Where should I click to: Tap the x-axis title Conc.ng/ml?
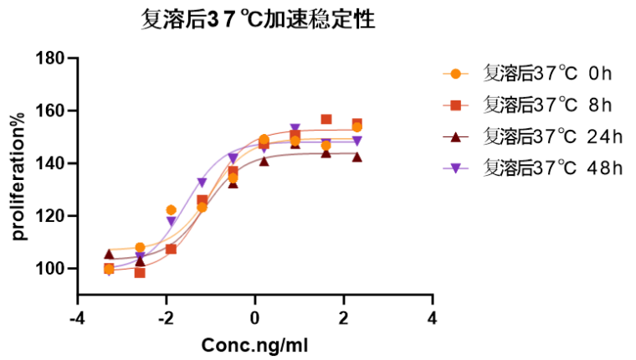pyautogui.click(x=255, y=344)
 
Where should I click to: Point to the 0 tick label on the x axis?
pyautogui.click(x=255, y=317)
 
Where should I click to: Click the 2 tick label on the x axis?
pyautogui.click(x=344, y=317)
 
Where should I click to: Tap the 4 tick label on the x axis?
pyautogui.click(x=433, y=317)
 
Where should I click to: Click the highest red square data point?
pyautogui.click(x=326, y=120)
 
